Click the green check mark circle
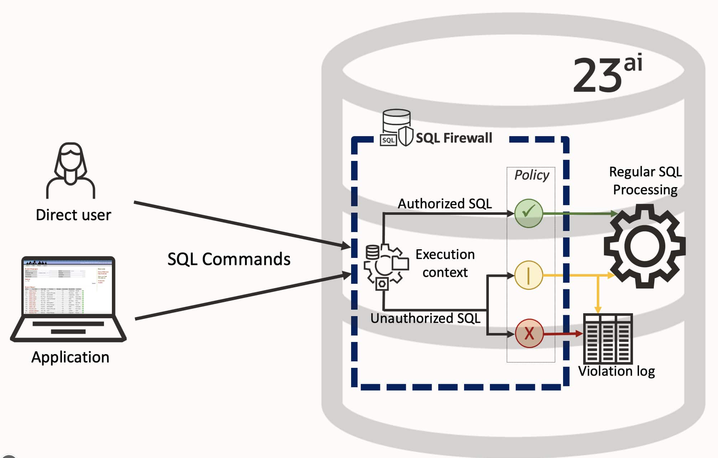[528, 213]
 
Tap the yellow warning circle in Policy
[528, 275]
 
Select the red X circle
[529, 333]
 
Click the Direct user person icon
[70, 170]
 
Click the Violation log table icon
[608, 338]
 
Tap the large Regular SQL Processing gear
[644, 246]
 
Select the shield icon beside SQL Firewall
[406, 136]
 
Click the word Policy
[532, 175]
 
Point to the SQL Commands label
[229, 259]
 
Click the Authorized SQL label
[445, 204]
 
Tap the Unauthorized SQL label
[425, 318]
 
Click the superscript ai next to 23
[633, 63]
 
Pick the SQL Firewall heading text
[454, 138]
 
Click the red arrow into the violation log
[563, 334]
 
